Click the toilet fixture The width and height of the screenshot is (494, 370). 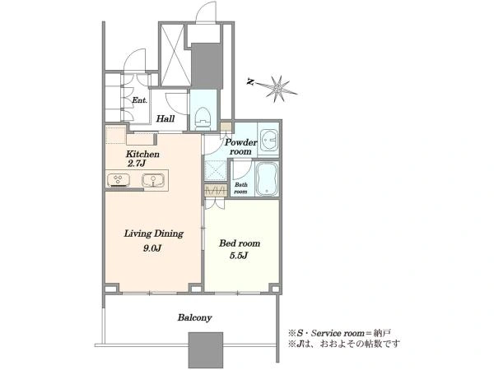pyautogui.click(x=203, y=118)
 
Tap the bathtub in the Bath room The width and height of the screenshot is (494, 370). pyautogui.click(x=267, y=179)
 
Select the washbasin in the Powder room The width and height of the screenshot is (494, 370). pyautogui.click(x=268, y=139)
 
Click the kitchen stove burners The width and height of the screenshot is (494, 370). pyautogui.click(x=118, y=180)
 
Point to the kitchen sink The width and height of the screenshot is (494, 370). pyautogui.click(x=153, y=181)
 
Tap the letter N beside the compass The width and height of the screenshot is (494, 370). pyautogui.click(x=250, y=82)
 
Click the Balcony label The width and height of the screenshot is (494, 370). pyautogui.click(x=194, y=317)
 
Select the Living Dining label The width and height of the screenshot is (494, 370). pyautogui.click(x=153, y=234)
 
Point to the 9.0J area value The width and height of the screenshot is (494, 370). pyautogui.click(x=152, y=248)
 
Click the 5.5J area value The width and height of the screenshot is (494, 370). pyautogui.click(x=239, y=256)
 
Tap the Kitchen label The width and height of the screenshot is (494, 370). pyautogui.click(x=142, y=155)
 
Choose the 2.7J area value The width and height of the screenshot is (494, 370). pyautogui.click(x=137, y=164)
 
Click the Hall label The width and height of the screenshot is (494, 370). pyautogui.click(x=165, y=119)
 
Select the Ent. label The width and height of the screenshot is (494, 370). pyautogui.click(x=139, y=100)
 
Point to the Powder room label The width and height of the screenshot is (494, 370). pyautogui.click(x=240, y=146)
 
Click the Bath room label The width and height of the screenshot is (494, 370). pyautogui.click(x=240, y=188)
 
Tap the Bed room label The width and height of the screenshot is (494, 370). pyautogui.click(x=240, y=243)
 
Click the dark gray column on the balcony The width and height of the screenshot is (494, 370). pyautogui.click(x=206, y=350)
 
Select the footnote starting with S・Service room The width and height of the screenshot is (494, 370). pyautogui.click(x=339, y=333)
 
